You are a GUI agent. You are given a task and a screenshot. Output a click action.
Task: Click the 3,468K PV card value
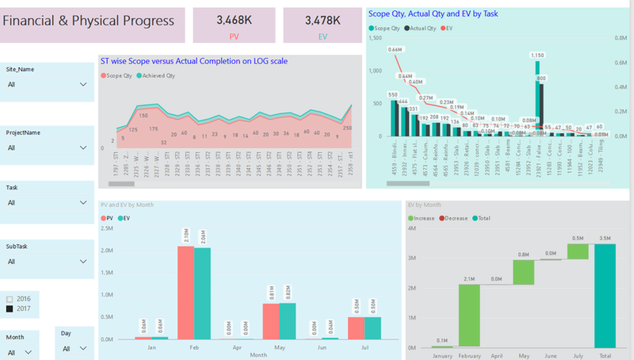pos(234,20)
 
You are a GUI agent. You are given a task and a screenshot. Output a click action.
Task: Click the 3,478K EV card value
pos(323,20)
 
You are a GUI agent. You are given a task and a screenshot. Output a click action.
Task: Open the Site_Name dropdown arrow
pos(83,85)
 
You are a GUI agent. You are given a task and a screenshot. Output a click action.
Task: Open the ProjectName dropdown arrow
pos(83,147)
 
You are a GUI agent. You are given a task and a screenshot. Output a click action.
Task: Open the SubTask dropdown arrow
pos(83,262)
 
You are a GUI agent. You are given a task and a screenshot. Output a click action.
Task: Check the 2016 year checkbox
pos(9,299)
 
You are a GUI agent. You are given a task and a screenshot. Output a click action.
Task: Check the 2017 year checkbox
pos(9,308)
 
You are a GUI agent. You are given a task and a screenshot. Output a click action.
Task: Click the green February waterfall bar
pos(469,316)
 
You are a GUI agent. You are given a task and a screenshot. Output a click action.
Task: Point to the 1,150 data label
pos(537,55)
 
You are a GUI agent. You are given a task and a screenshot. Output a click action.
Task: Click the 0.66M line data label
pos(395,49)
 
